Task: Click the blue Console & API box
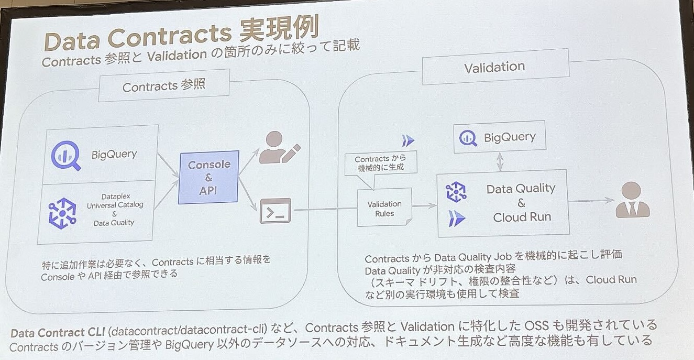tap(208, 177)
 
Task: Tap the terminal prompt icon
tap(275, 211)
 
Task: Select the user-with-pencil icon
tap(279, 148)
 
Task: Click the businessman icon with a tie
tap(632, 200)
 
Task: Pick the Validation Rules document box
tap(384, 207)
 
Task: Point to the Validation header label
tap(495, 67)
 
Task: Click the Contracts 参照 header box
tap(164, 85)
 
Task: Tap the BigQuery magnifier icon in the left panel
tap(65, 156)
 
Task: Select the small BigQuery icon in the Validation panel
tap(468, 138)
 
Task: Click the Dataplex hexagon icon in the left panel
tap(62, 213)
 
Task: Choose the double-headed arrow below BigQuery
tap(500, 161)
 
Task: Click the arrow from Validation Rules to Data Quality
tap(424, 205)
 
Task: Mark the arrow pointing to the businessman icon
tap(591, 201)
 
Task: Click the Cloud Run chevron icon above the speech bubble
tap(408, 141)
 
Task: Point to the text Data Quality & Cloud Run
tap(522, 203)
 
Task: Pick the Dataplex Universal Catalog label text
tap(115, 201)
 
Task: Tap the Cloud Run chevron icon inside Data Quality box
tap(457, 219)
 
